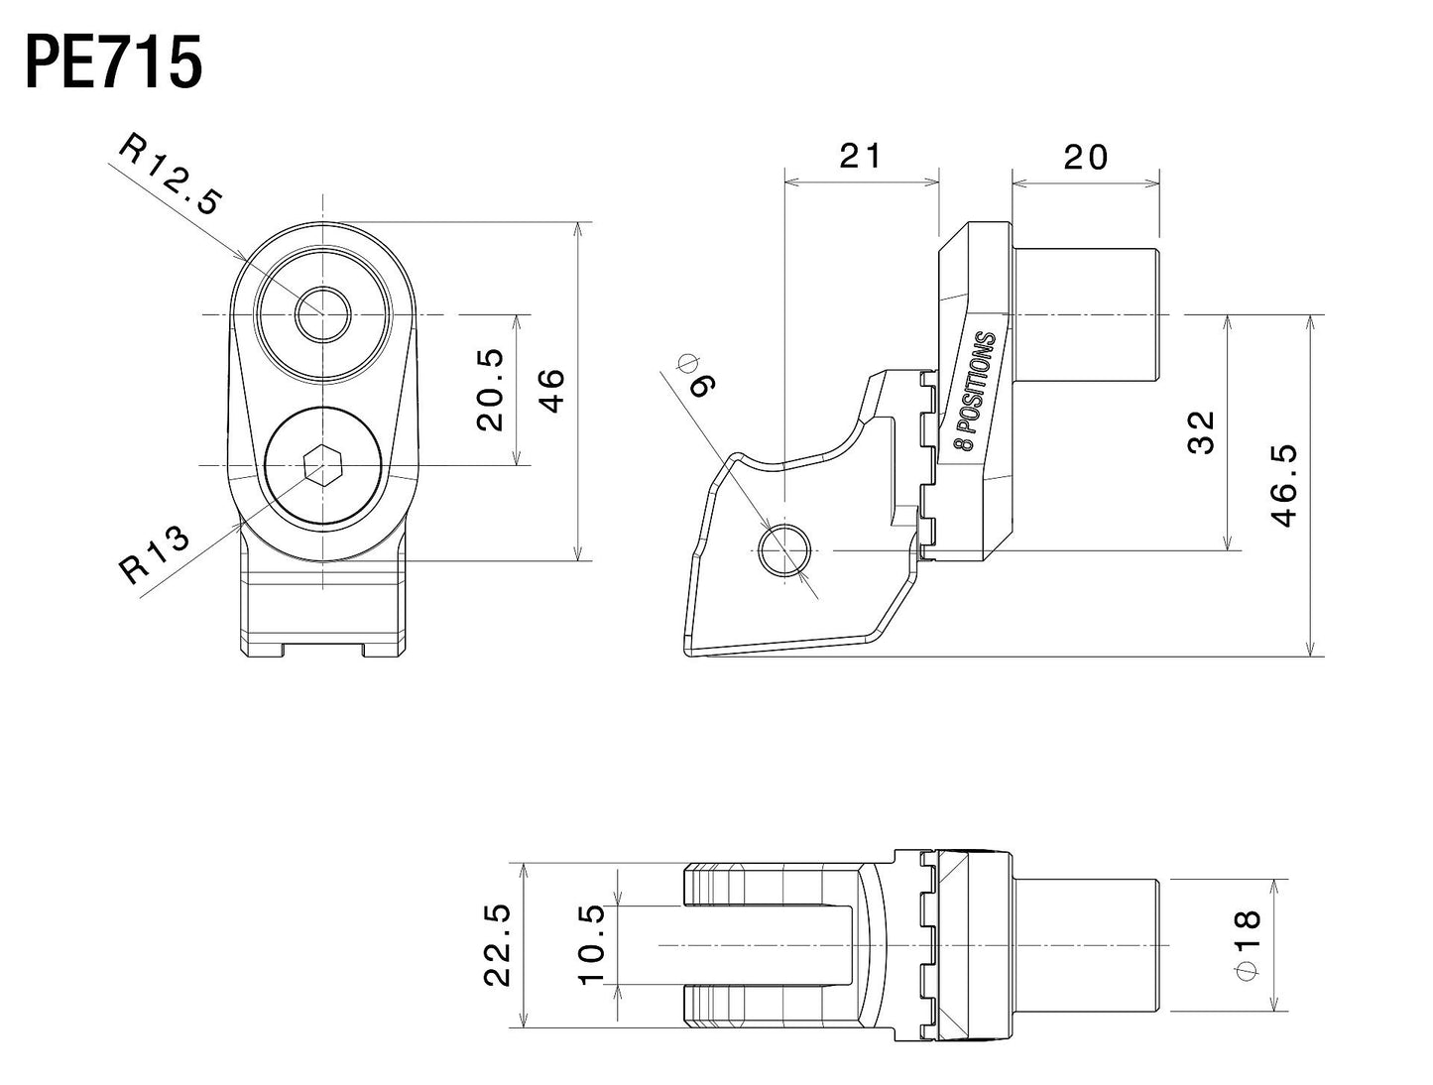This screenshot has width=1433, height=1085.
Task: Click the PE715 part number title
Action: pyautogui.click(x=113, y=64)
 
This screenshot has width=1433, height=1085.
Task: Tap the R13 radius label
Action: pyautogui.click(x=153, y=554)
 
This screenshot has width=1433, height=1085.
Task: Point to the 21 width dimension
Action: pyautogui.click(x=860, y=156)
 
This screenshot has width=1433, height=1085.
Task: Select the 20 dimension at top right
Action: pyautogui.click(x=1085, y=156)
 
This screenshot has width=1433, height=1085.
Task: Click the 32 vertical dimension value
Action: pyautogui.click(x=1201, y=432)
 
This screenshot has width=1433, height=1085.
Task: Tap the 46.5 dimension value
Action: pyautogui.click(x=1283, y=485)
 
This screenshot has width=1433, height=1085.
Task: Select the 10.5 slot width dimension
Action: pyautogui.click(x=591, y=944)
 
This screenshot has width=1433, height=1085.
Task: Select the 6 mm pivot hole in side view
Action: pyautogui.click(x=784, y=550)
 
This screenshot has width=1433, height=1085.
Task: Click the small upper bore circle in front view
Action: pyautogui.click(x=323, y=315)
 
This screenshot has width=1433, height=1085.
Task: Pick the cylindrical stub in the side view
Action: pyautogui.click(x=1085, y=315)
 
